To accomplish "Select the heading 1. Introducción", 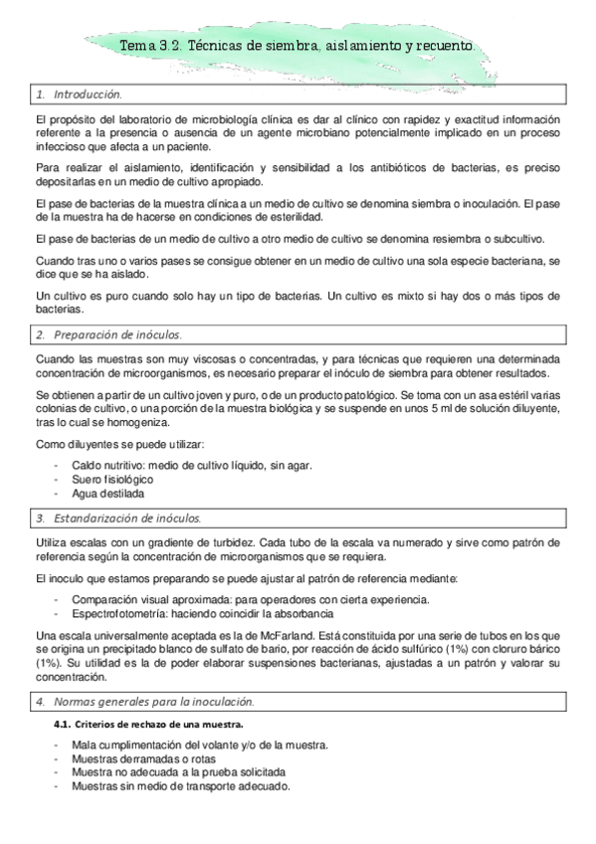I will point(79,95).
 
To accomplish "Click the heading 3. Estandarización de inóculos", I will point(117,519).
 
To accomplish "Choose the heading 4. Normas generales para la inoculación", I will point(143,703).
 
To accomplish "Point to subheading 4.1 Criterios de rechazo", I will point(148,724).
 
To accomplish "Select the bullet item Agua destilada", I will point(107,493).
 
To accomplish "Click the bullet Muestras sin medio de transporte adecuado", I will point(180,785).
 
